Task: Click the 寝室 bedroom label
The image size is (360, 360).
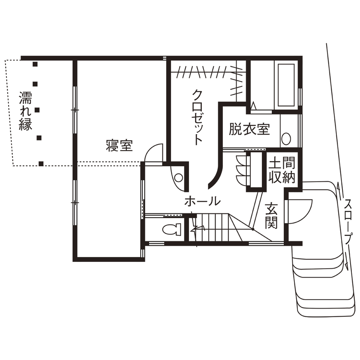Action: pos(119,146)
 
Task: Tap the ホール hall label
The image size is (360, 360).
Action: pos(203,201)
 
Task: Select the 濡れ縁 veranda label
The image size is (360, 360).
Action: pos(25,111)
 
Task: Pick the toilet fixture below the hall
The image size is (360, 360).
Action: pos(172,230)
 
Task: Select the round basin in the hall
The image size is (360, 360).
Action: pos(179,177)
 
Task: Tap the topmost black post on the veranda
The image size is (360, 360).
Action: pos(35,65)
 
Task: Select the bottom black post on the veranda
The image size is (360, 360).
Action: pos(41,163)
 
